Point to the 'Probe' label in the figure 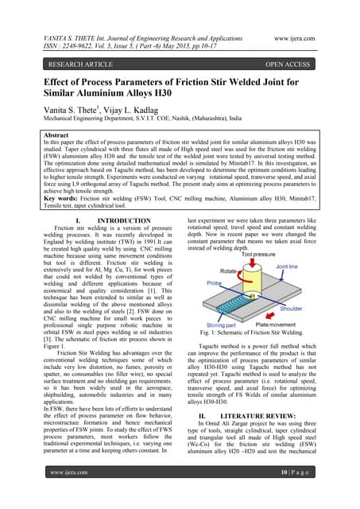coord(212,283)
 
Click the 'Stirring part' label coord(226,324)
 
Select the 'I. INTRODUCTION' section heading coord(112,220)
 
